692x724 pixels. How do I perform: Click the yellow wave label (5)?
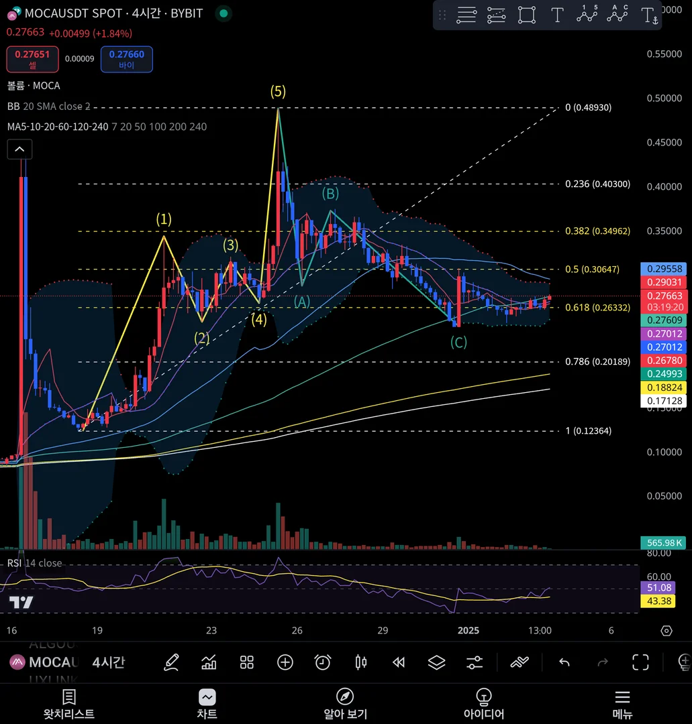click(x=278, y=92)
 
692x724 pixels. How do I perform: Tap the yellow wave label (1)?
click(x=164, y=219)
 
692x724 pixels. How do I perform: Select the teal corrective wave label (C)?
click(x=458, y=343)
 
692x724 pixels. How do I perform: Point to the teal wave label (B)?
click(x=330, y=194)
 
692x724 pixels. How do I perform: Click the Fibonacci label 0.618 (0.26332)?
click(x=597, y=308)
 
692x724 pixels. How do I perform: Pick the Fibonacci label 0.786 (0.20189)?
click(x=597, y=362)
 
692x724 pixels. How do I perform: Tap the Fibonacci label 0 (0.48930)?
click(x=589, y=107)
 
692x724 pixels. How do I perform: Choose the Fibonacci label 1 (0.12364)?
click(x=589, y=431)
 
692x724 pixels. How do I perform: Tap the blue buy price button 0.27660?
click(x=126, y=59)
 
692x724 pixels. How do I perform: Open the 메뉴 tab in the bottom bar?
click(x=622, y=704)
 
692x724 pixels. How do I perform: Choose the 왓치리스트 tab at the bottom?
click(x=69, y=704)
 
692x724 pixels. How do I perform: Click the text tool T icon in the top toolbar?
click(x=557, y=15)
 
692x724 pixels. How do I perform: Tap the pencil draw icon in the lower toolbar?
click(x=171, y=662)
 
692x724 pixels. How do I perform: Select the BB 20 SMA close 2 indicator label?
click(x=48, y=107)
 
